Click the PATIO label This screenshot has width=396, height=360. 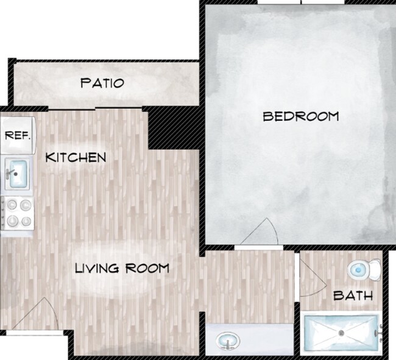coord(102,83)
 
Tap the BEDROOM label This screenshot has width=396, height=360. coord(300,116)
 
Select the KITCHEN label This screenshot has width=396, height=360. coord(76,157)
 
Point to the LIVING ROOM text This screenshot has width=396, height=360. coord(121,268)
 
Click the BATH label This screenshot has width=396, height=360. coord(353,296)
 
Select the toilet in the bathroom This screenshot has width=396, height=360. coord(364,268)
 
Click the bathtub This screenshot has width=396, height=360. coord(342,333)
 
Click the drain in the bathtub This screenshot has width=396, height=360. coord(342,333)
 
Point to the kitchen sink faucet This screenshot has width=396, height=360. coord(8,172)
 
